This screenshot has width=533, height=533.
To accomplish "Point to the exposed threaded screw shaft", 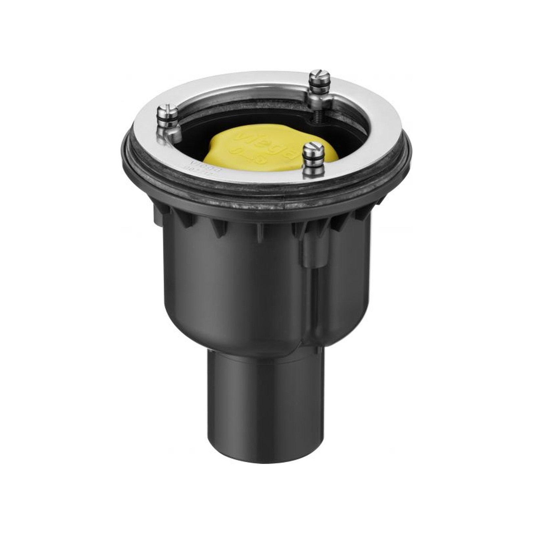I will pos(317,110).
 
